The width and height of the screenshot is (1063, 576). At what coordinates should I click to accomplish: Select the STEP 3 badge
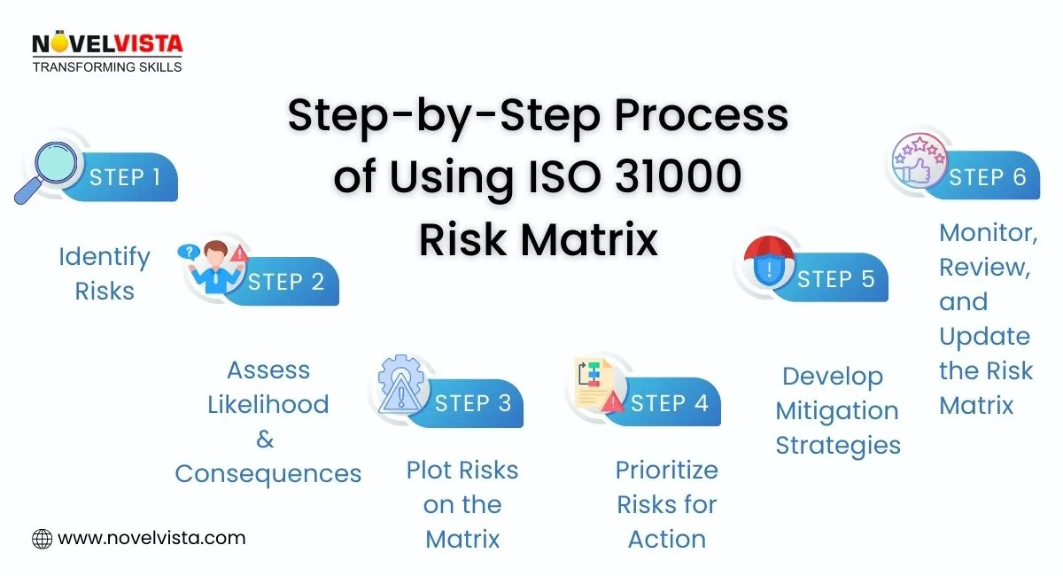click(473, 403)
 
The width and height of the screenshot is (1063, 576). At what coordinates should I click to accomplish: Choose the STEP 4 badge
click(669, 403)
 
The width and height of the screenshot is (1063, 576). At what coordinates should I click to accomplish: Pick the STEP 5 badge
click(835, 279)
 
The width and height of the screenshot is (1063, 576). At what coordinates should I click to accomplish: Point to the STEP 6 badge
click(987, 176)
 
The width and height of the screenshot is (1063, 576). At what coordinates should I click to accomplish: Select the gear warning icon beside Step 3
click(399, 385)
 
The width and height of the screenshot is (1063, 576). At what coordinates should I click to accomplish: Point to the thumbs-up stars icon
click(918, 164)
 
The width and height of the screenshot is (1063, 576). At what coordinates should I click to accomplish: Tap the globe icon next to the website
click(42, 538)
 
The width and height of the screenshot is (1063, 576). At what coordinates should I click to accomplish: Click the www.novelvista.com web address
click(151, 538)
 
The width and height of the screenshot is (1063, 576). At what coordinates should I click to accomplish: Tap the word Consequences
click(268, 474)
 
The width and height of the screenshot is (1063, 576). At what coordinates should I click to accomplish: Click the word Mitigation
click(837, 411)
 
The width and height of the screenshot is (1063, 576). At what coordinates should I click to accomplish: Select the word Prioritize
click(666, 470)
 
